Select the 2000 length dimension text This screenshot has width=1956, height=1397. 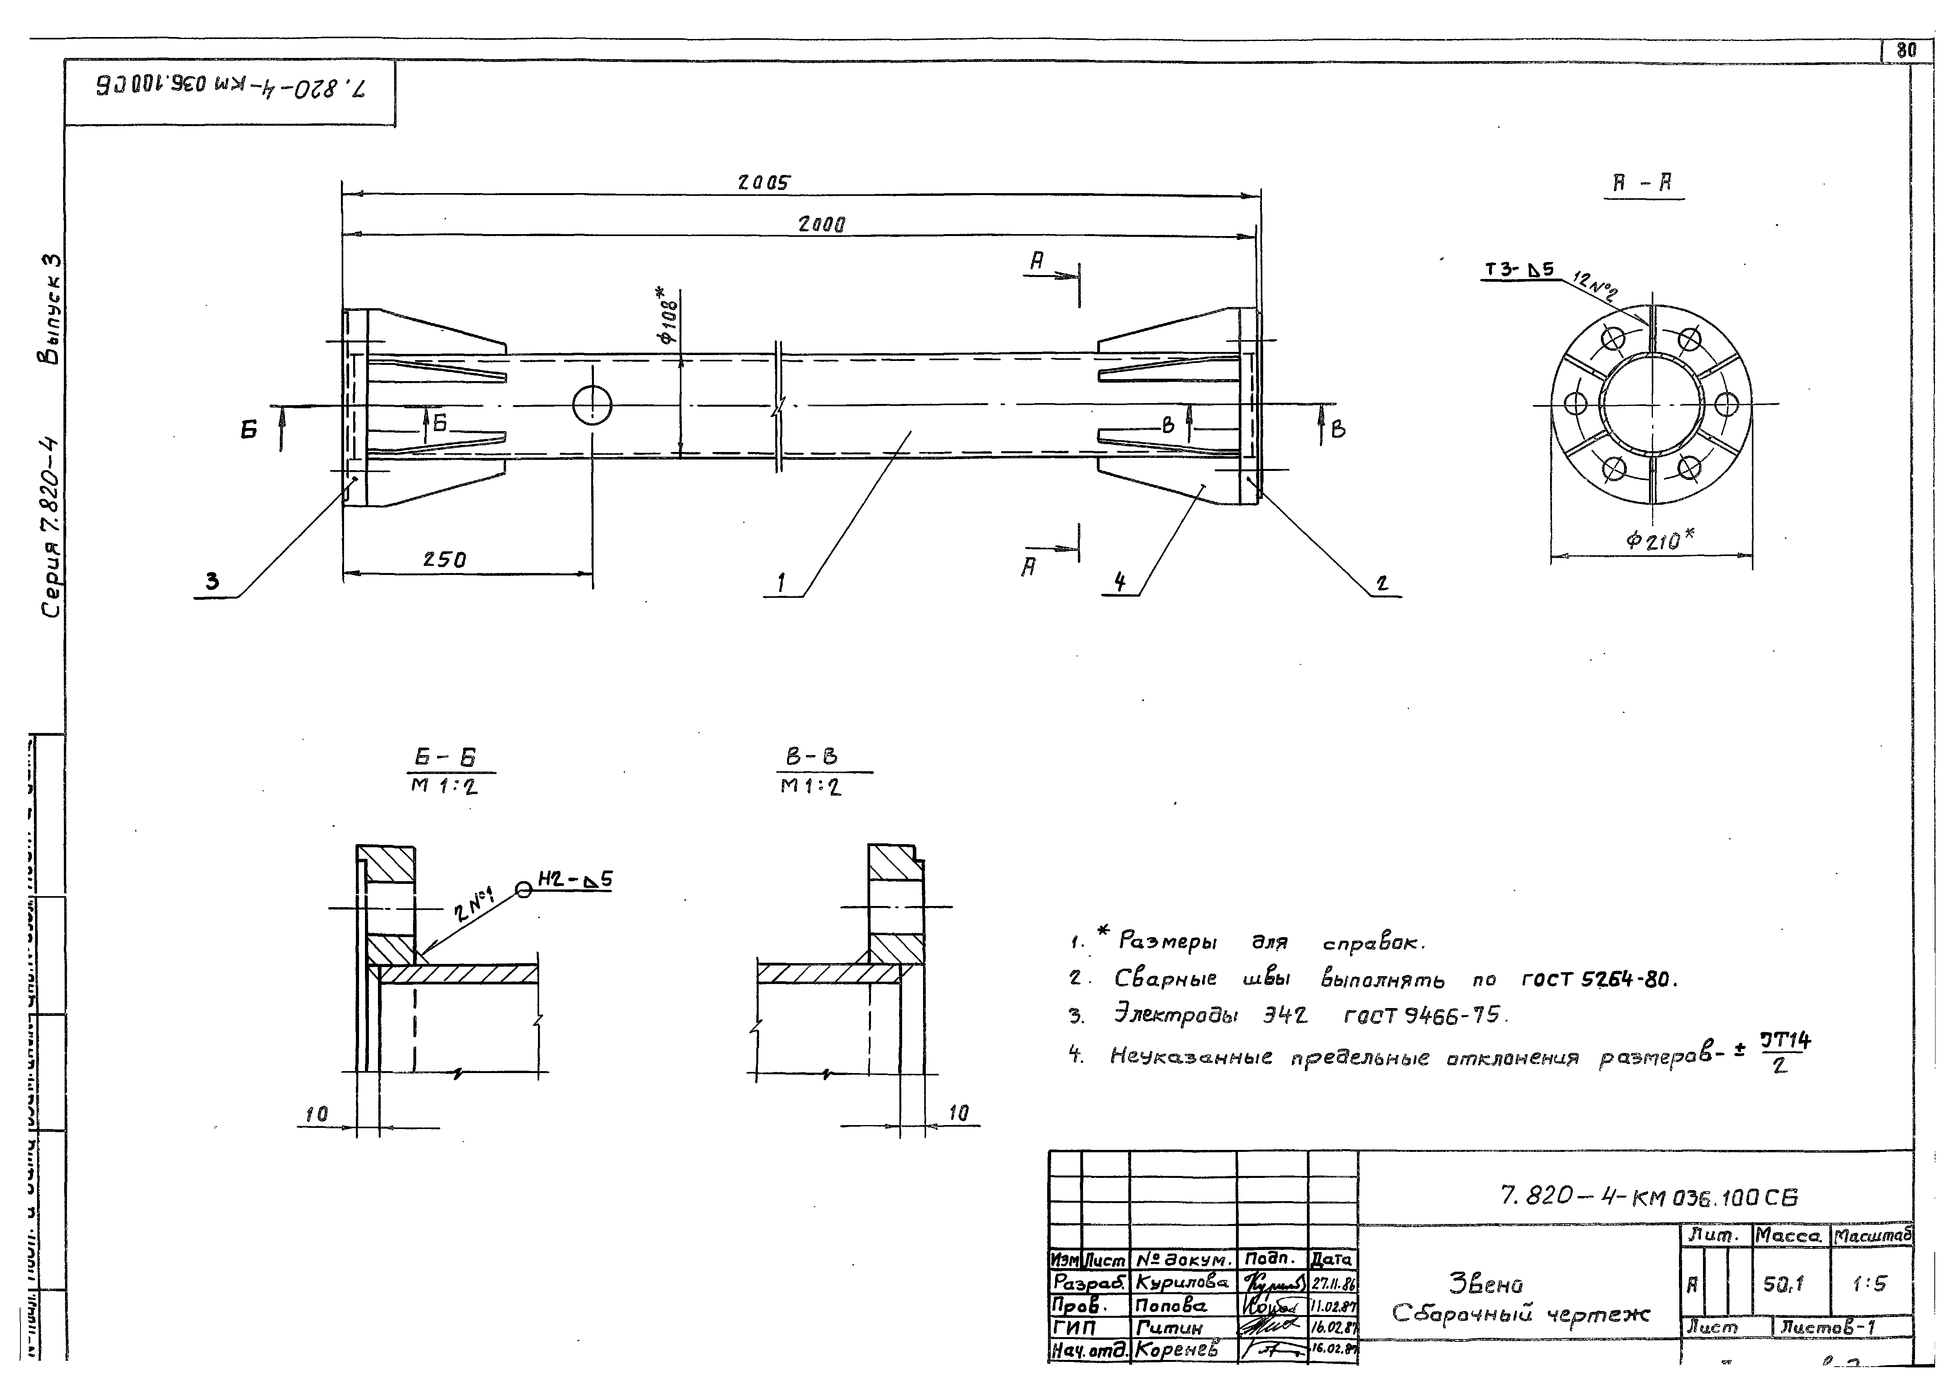click(x=821, y=225)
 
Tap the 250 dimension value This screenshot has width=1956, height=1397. click(x=445, y=560)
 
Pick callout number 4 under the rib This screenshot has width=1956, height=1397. click(x=1119, y=582)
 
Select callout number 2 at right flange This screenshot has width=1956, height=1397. click(x=1381, y=583)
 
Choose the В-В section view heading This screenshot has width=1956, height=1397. click(x=811, y=757)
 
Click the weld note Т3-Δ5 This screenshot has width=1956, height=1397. click(x=1519, y=270)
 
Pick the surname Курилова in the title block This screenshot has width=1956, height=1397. click(x=1181, y=1282)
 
